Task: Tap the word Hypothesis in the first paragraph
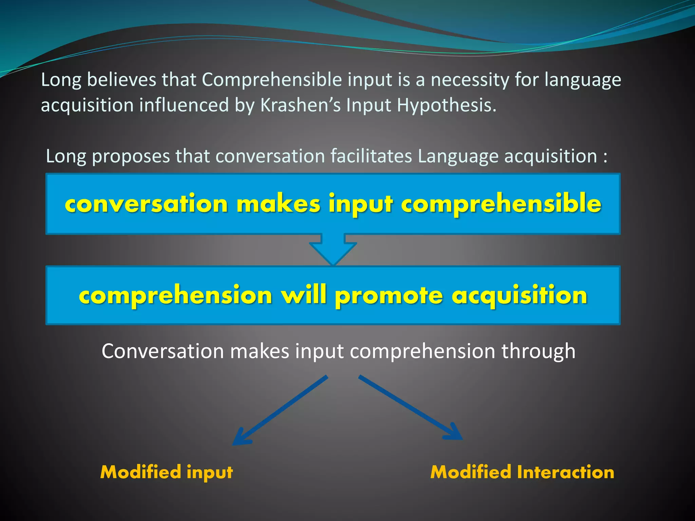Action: [x=446, y=106]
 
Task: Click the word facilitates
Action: [x=371, y=156]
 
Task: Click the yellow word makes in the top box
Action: [x=278, y=204]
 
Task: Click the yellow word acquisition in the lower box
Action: [x=520, y=295]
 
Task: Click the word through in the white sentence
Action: [x=538, y=351]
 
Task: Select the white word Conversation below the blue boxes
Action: [x=163, y=351]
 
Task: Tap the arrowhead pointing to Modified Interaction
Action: [x=455, y=433]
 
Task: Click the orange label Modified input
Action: [x=167, y=472]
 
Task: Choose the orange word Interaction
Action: [x=565, y=472]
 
